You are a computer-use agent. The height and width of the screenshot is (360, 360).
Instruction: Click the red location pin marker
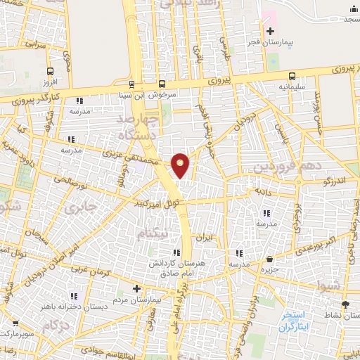(181, 165)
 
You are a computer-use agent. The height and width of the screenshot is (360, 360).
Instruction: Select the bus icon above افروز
(50, 71)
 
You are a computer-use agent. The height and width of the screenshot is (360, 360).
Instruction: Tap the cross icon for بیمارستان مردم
(137, 289)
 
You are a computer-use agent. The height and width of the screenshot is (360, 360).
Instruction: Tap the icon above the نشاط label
(345, 304)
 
